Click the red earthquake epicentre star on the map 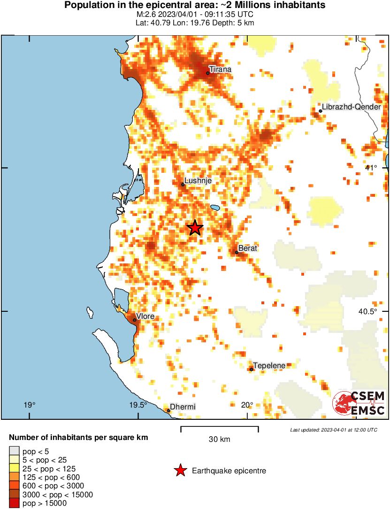coord(195,228)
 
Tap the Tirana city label coord(221,69)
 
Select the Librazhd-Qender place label coord(351,107)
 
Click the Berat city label coord(248,248)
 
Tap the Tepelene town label coord(269,365)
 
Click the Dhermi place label coord(183,407)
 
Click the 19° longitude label coord(29,405)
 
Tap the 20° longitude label coord(247,405)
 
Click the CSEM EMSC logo coord(359,403)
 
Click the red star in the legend coord(180,470)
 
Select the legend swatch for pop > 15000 coord(14,503)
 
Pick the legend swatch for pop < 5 coord(14,451)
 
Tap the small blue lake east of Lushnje coord(215,207)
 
